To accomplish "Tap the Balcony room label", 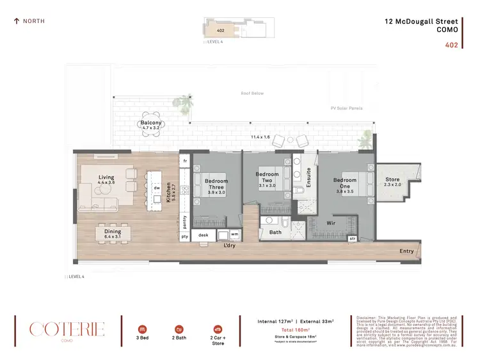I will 152,122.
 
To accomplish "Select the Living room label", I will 106,177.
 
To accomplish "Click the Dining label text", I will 113,232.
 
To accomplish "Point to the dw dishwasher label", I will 156,188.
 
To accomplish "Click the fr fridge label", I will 185,160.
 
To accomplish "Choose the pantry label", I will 185,222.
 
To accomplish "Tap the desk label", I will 204,235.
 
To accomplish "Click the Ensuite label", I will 308,176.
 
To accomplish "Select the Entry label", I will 406,251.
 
